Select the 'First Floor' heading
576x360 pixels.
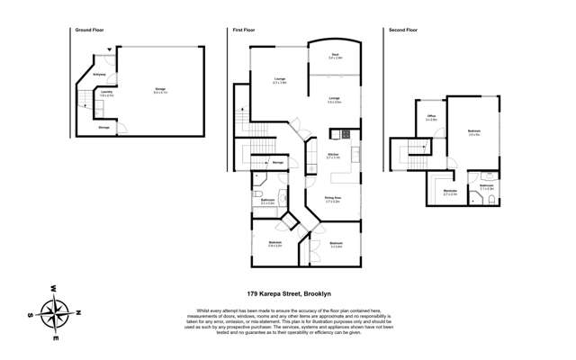click(244, 30)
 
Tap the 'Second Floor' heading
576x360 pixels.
click(403, 30)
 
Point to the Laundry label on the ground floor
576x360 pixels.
click(104, 93)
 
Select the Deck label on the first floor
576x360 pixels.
click(335, 57)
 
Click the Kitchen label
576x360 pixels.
click(332, 156)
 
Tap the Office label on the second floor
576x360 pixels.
click(431, 119)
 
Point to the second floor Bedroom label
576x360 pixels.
click(473, 133)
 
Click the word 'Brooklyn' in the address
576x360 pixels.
click(313, 292)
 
